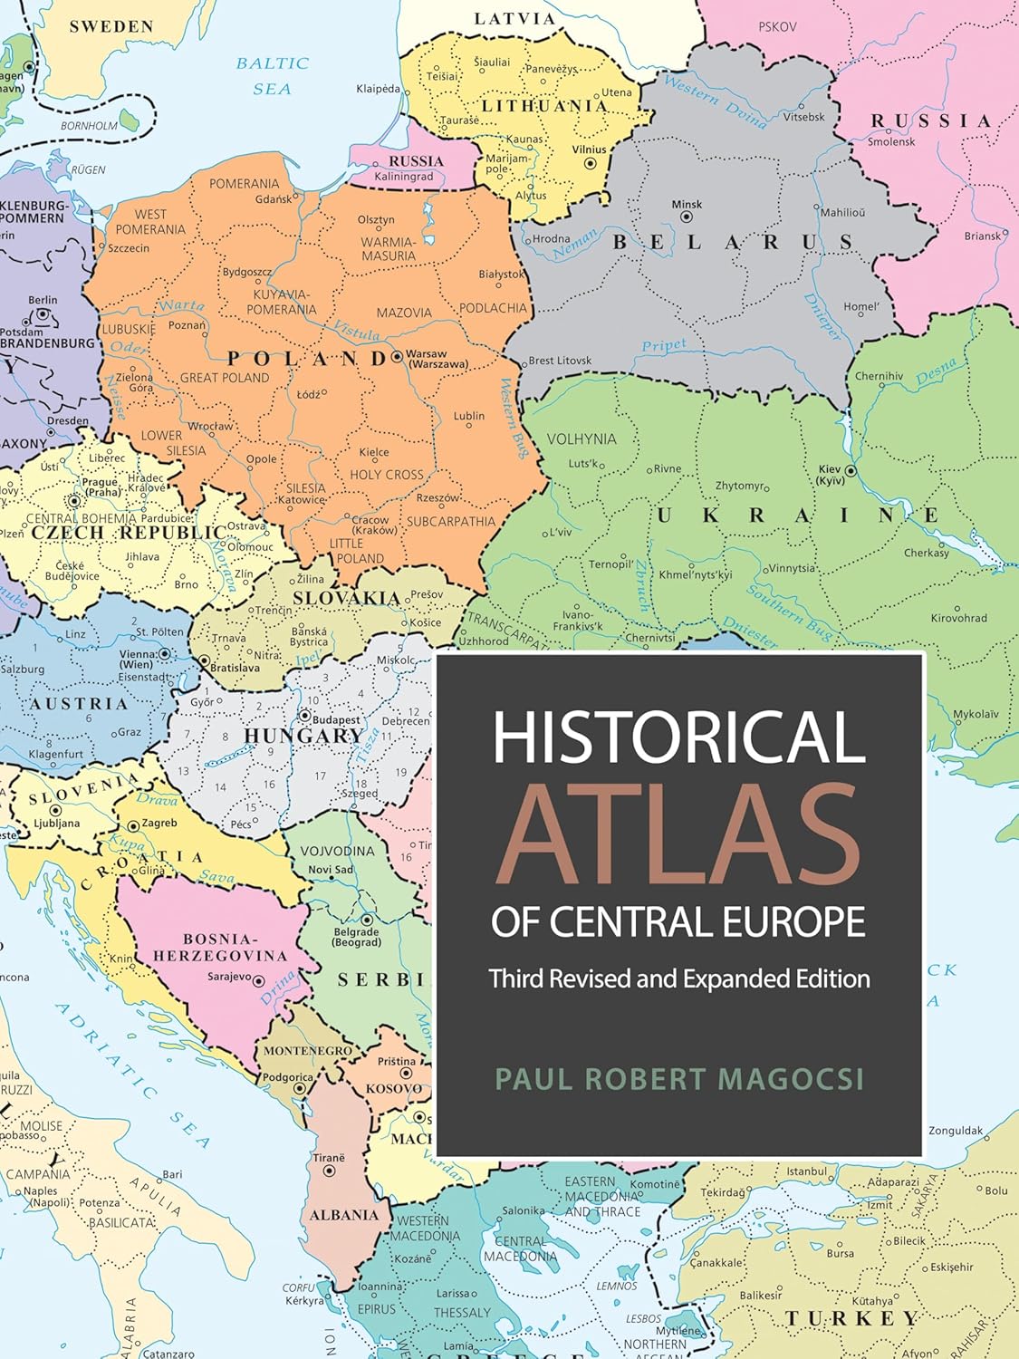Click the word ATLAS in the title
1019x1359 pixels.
tap(678, 836)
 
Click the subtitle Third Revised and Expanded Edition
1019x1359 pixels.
tap(679, 978)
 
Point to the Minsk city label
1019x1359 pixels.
tap(687, 205)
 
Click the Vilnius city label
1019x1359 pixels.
tap(589, 150)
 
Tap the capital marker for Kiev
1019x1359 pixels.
tap(851, 471)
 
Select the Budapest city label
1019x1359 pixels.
tap(337, 720)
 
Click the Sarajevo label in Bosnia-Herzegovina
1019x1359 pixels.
tap(228, 978)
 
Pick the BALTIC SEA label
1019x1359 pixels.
tap(272, 75)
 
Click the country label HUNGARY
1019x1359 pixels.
tap(303, 736)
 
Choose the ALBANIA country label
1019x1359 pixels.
tap(344, 1215)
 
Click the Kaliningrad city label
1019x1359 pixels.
tap(404, 177)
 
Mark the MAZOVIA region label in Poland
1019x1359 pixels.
tap(404, 313)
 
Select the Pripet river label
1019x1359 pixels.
tap(664, 345)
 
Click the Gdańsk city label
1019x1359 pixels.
tap(274, 199)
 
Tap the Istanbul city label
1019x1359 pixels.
tap(806, 1171)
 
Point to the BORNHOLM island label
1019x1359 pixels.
tap(89, 126)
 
